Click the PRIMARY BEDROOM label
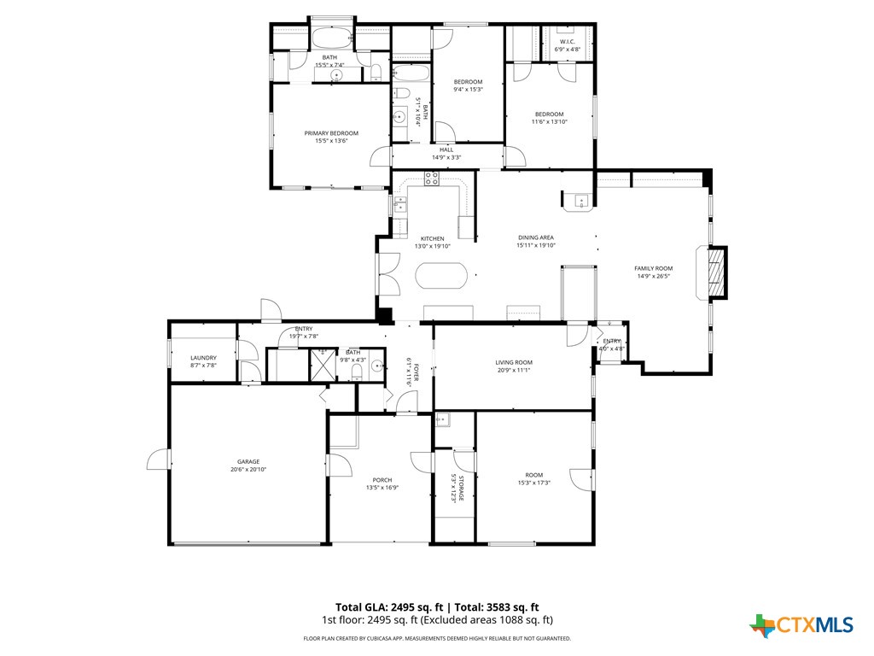[x=331, y=133]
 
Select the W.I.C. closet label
[x=568, y=42]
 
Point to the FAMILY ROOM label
[x=653, y=268]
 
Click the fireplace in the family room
[x=716, y=272]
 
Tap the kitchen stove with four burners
[x=432, y=179]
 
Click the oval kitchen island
[x=441, y=276]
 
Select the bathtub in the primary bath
[x=331, y=38]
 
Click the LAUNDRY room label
[x=203, y=358]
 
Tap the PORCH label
[x=382, y=480]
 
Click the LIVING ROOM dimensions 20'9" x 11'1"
[x=514, y=370]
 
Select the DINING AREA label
[x=536, y=237]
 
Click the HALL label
[x=446, y=149]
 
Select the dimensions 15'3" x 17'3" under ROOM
[x=533, y=483]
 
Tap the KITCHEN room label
[x=432, y=238]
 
